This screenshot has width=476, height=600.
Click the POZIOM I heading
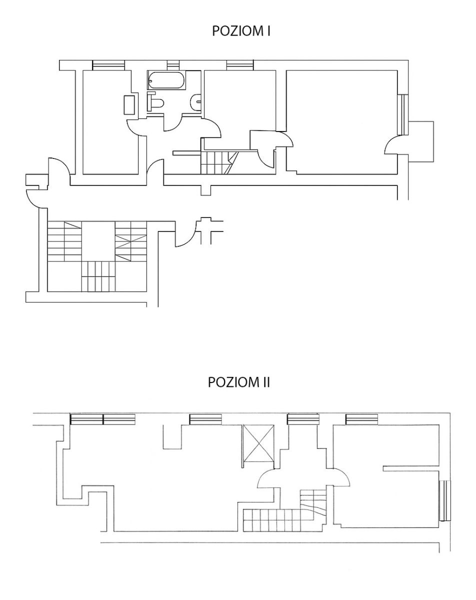click(241, 31)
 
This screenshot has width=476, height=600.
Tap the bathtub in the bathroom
click(167, 80)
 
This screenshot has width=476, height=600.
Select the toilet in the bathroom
click(155, 102)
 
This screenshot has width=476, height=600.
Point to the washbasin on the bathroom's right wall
click(196, 102)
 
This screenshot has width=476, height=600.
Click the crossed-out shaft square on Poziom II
click(258, 443)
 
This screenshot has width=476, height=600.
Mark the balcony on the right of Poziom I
click(421, 141)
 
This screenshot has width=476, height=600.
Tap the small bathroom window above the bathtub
click(173, 65)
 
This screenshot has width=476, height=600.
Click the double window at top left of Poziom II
click(103, 419)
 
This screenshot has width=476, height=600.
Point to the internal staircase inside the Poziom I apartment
click(219, 163)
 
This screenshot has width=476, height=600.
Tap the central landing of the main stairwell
click(98, 241)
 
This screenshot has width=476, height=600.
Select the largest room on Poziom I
click(342, 122)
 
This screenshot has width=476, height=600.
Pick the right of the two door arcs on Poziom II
click(341, 477)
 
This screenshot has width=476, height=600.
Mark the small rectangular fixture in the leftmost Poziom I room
click(129, 104)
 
